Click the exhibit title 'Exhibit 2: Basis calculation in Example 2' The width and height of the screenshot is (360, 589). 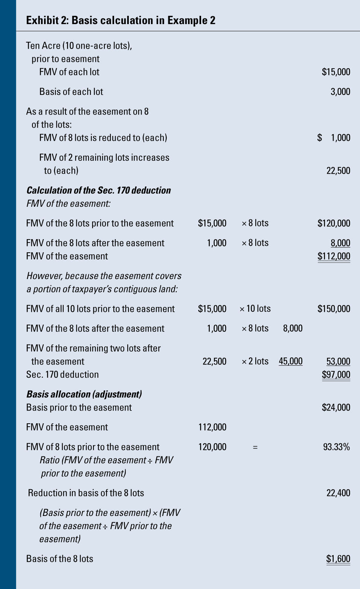tap(121, 20)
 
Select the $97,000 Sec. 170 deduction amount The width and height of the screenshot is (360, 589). tap(336, 375)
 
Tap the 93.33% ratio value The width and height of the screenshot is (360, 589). tap(336, 447)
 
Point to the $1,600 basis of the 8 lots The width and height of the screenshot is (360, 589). tap(338, 559)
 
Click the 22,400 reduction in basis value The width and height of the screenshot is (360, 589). tap(338, 493)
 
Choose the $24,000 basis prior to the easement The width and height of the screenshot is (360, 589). tap(336, 407)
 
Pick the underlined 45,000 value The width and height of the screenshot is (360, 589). tap(290, 362)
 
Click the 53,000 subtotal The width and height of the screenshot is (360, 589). tap(338, 362)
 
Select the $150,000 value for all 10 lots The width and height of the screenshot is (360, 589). tap(334, 309)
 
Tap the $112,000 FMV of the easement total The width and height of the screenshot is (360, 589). tap(334, 256)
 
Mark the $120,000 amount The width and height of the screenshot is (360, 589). tap(334, 223)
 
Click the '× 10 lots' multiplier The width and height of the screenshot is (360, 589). tap(255, 309)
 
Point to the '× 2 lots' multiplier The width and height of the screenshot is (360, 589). tap(255, 362)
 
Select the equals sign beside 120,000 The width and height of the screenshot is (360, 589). tap(255, 447)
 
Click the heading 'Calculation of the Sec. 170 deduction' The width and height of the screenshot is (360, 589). tap(98, 191)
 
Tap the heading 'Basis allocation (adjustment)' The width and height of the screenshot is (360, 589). tap(84, 394)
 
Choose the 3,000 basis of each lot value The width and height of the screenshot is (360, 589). tap(340, 92)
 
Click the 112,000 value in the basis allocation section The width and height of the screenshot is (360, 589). tap(212, 427)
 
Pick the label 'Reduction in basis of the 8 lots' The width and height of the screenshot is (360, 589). tap(86, 493)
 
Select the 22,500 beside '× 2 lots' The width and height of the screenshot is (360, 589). tap(214, 362)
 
